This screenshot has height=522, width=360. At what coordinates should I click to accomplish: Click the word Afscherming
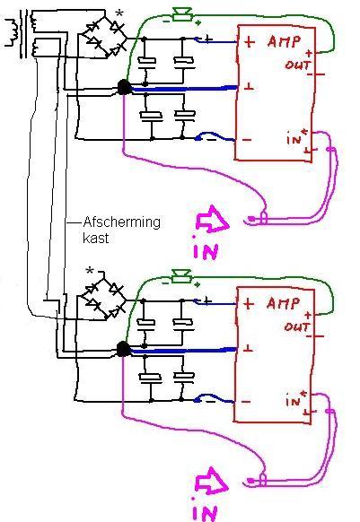(122, 222)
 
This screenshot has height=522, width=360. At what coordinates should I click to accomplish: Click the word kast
(96, 238)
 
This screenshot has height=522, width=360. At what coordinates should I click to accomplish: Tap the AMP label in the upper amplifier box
(284, 41)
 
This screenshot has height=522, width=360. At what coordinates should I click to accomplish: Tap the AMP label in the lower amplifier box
(283, 303)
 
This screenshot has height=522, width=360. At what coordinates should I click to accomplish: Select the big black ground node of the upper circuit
(124, 87)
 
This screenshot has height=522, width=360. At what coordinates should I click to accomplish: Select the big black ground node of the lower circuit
(123, 349)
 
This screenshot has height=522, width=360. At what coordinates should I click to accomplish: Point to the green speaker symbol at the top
(182, 15)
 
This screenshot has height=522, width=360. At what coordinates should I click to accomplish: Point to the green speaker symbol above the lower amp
(181, 276)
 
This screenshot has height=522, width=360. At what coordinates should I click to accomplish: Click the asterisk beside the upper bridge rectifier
(119, 14)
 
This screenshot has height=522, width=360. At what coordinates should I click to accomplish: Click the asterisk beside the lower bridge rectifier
(90, 271)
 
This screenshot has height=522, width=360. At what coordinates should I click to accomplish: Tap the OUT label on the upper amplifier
(298, 65)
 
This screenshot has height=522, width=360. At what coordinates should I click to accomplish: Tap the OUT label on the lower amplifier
(297, 326)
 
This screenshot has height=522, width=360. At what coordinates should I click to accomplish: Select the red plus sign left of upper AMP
(250, 42)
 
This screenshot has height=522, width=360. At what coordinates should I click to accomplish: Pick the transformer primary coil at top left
(12, 32)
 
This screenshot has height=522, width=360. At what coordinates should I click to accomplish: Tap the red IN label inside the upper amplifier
(294, 139)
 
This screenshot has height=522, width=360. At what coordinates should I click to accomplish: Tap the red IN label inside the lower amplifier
(294, 401)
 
